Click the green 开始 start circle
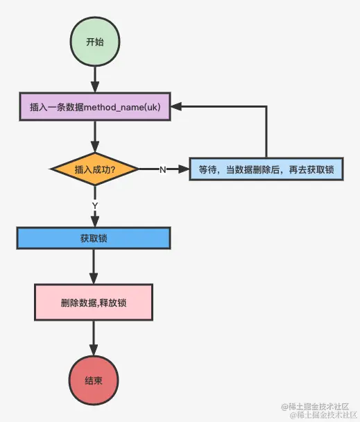click(94, 42)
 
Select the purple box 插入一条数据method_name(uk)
click(94, 108)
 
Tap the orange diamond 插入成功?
click(94, 169)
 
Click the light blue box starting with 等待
click(266, 169)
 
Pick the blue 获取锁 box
click(94, 238)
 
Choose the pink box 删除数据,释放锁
click(94, 304)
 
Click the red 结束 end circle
click(94, 381)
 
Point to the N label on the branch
click(162, 170)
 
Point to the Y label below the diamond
click(94, 205)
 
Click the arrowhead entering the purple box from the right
click(176, 108)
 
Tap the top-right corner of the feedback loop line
click(266, 108)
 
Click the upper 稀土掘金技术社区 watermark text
click(319, 405)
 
